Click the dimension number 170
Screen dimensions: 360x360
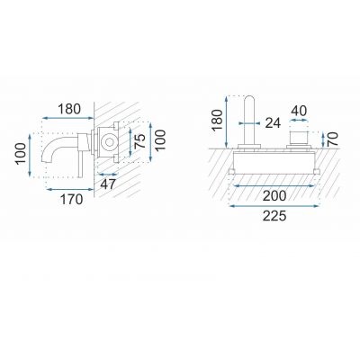coord(72,199)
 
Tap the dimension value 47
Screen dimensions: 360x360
coord(108,184)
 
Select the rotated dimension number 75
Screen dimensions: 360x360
coord(140,141)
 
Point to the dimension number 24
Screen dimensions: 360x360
coord(273,123)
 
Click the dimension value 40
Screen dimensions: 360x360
coord(299,111)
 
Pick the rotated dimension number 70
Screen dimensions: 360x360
coord(333,139)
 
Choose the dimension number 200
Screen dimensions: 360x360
coord(274,196)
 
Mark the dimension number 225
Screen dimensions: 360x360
coord(274,216)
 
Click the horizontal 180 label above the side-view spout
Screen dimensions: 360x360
coord(69,109)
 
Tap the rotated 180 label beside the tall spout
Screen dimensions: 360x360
coord(217,121)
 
